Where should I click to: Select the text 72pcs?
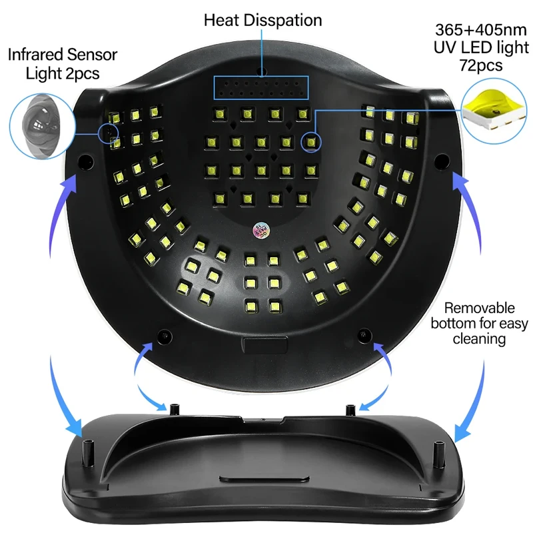(481, 65)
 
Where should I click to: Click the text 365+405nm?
(482, 30)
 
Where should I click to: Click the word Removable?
(480, 308)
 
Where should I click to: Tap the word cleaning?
(480, 339)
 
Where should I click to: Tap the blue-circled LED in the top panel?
(310, 141)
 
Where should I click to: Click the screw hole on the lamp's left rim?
(86, 161)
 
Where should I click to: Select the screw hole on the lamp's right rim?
(440, 160)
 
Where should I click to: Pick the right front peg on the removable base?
(438, 454)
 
